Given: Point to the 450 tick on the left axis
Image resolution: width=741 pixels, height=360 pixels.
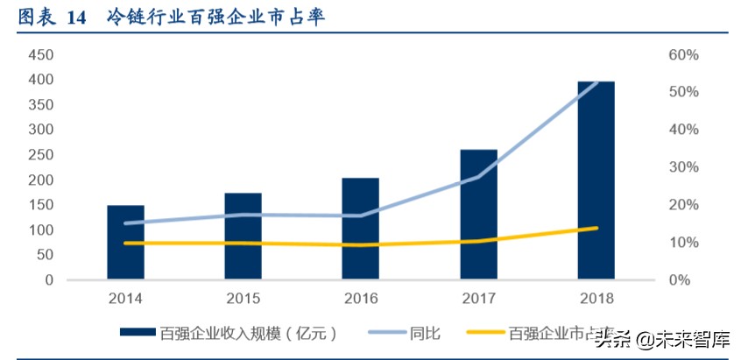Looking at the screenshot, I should click(x=41, y=54).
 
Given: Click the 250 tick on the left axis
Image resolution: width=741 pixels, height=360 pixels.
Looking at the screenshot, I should click(x=41, y=155).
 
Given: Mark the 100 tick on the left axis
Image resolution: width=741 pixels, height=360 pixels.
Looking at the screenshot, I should click(x=41, y=230).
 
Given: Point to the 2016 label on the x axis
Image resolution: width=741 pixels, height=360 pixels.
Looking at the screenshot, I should click(x=361, y=299).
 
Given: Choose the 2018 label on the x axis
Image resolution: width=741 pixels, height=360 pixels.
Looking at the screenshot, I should click(x=596, y=299).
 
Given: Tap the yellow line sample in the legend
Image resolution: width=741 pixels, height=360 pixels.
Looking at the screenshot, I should click(x=485, y=333).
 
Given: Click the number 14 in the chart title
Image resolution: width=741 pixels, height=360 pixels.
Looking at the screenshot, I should click(x=76, y=18).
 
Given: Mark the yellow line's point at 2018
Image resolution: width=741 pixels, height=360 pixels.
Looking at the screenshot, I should click(x=596, y=228).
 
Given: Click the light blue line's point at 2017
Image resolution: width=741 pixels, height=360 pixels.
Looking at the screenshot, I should click(x=478, y=177).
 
